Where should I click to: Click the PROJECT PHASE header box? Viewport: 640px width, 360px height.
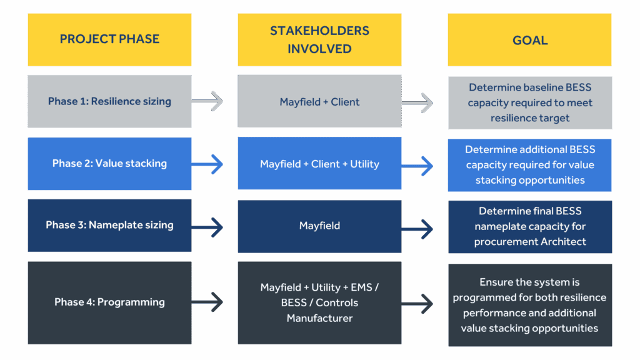pyautogui.click(x=109, y=39)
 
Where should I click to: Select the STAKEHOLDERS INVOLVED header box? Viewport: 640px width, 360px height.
pyautogui.click(x=319, y=39)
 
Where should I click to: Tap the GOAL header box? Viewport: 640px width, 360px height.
pyautogui.click(x=529, y=40)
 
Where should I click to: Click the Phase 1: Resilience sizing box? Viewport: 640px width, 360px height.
pyautogui.click(x=109, y=101)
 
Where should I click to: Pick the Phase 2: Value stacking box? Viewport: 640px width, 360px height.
pyautogui.click(x=109, y=164)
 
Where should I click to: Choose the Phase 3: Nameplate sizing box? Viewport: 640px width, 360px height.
pyautogui.click(x=109, y=225)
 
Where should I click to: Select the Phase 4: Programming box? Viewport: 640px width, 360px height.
pyautogui.click(x=109, y=302)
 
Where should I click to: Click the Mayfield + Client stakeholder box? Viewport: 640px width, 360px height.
pyautogui.click(x=319, y=101)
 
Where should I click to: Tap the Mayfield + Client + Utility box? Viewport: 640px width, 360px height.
pyautogui.click(x=319, y=164)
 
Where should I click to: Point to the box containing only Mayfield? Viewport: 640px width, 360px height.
pyautogui.click(x=319, y=226)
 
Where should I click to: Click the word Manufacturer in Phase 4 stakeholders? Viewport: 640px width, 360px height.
pyautogui.click(x=319, y=318)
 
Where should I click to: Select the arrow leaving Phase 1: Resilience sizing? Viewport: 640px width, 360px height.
pyautogui.click(x=208, y=101)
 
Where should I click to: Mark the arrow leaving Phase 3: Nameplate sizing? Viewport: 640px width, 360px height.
pyautogui.click(x=208, y=227)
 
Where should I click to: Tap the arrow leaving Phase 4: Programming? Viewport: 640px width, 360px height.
pyautogui.click(x=208, y=302)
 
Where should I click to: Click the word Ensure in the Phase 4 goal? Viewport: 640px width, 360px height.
pyautogui.click(x=497, y=282)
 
